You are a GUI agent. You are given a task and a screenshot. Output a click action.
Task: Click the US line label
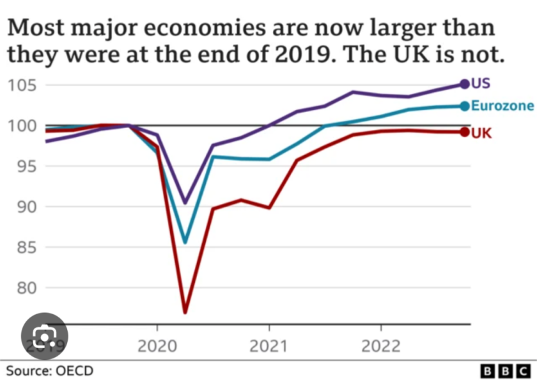(481, 84)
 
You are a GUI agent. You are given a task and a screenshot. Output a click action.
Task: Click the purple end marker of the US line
(464, 84)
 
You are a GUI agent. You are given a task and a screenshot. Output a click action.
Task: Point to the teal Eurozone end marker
(464, 106)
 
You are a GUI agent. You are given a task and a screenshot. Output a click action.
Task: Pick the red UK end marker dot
(464, 132)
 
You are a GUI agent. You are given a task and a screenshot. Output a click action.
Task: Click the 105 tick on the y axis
(22, 85)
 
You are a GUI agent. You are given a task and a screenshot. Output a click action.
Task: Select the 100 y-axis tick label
(22, 126)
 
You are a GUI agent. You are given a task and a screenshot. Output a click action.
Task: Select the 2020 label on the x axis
(157, 346)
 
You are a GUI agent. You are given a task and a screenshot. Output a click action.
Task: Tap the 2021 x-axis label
(268, 346)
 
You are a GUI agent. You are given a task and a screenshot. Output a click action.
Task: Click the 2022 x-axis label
(381, 346)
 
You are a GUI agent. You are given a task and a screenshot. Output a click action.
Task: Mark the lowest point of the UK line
(185, 312)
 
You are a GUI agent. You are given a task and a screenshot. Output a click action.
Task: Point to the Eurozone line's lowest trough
(185, 243)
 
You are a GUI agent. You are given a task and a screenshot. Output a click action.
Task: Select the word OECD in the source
(75, 371)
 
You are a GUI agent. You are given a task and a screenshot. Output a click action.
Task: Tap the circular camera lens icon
(43, 334)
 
